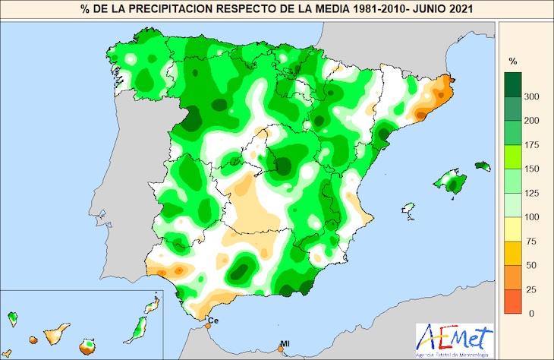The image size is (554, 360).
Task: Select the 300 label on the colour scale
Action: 532,96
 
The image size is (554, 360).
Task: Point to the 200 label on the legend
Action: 532,121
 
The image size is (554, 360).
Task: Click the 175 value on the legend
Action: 532,144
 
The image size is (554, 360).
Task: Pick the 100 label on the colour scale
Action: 532,217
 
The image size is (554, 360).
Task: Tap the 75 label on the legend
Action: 531,242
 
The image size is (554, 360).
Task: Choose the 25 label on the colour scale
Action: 531,289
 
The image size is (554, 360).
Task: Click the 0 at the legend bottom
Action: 531,313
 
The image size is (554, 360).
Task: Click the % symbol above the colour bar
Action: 512,60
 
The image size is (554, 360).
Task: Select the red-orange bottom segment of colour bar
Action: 513,302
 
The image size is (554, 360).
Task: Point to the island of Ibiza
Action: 409,208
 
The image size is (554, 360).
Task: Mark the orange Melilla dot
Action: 283,350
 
